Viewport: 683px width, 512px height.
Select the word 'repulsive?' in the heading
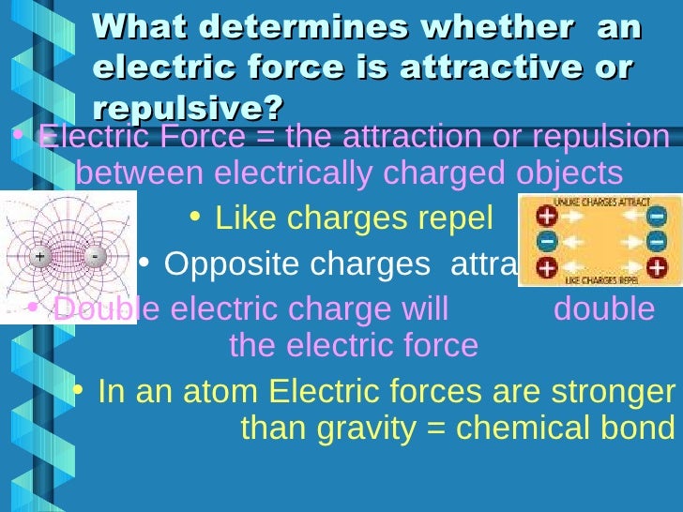188,109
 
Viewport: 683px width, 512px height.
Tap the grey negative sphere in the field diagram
94,255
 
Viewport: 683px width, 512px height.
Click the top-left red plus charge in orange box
546,216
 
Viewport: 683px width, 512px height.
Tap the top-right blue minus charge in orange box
656,216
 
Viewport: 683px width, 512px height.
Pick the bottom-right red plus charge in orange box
656,268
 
